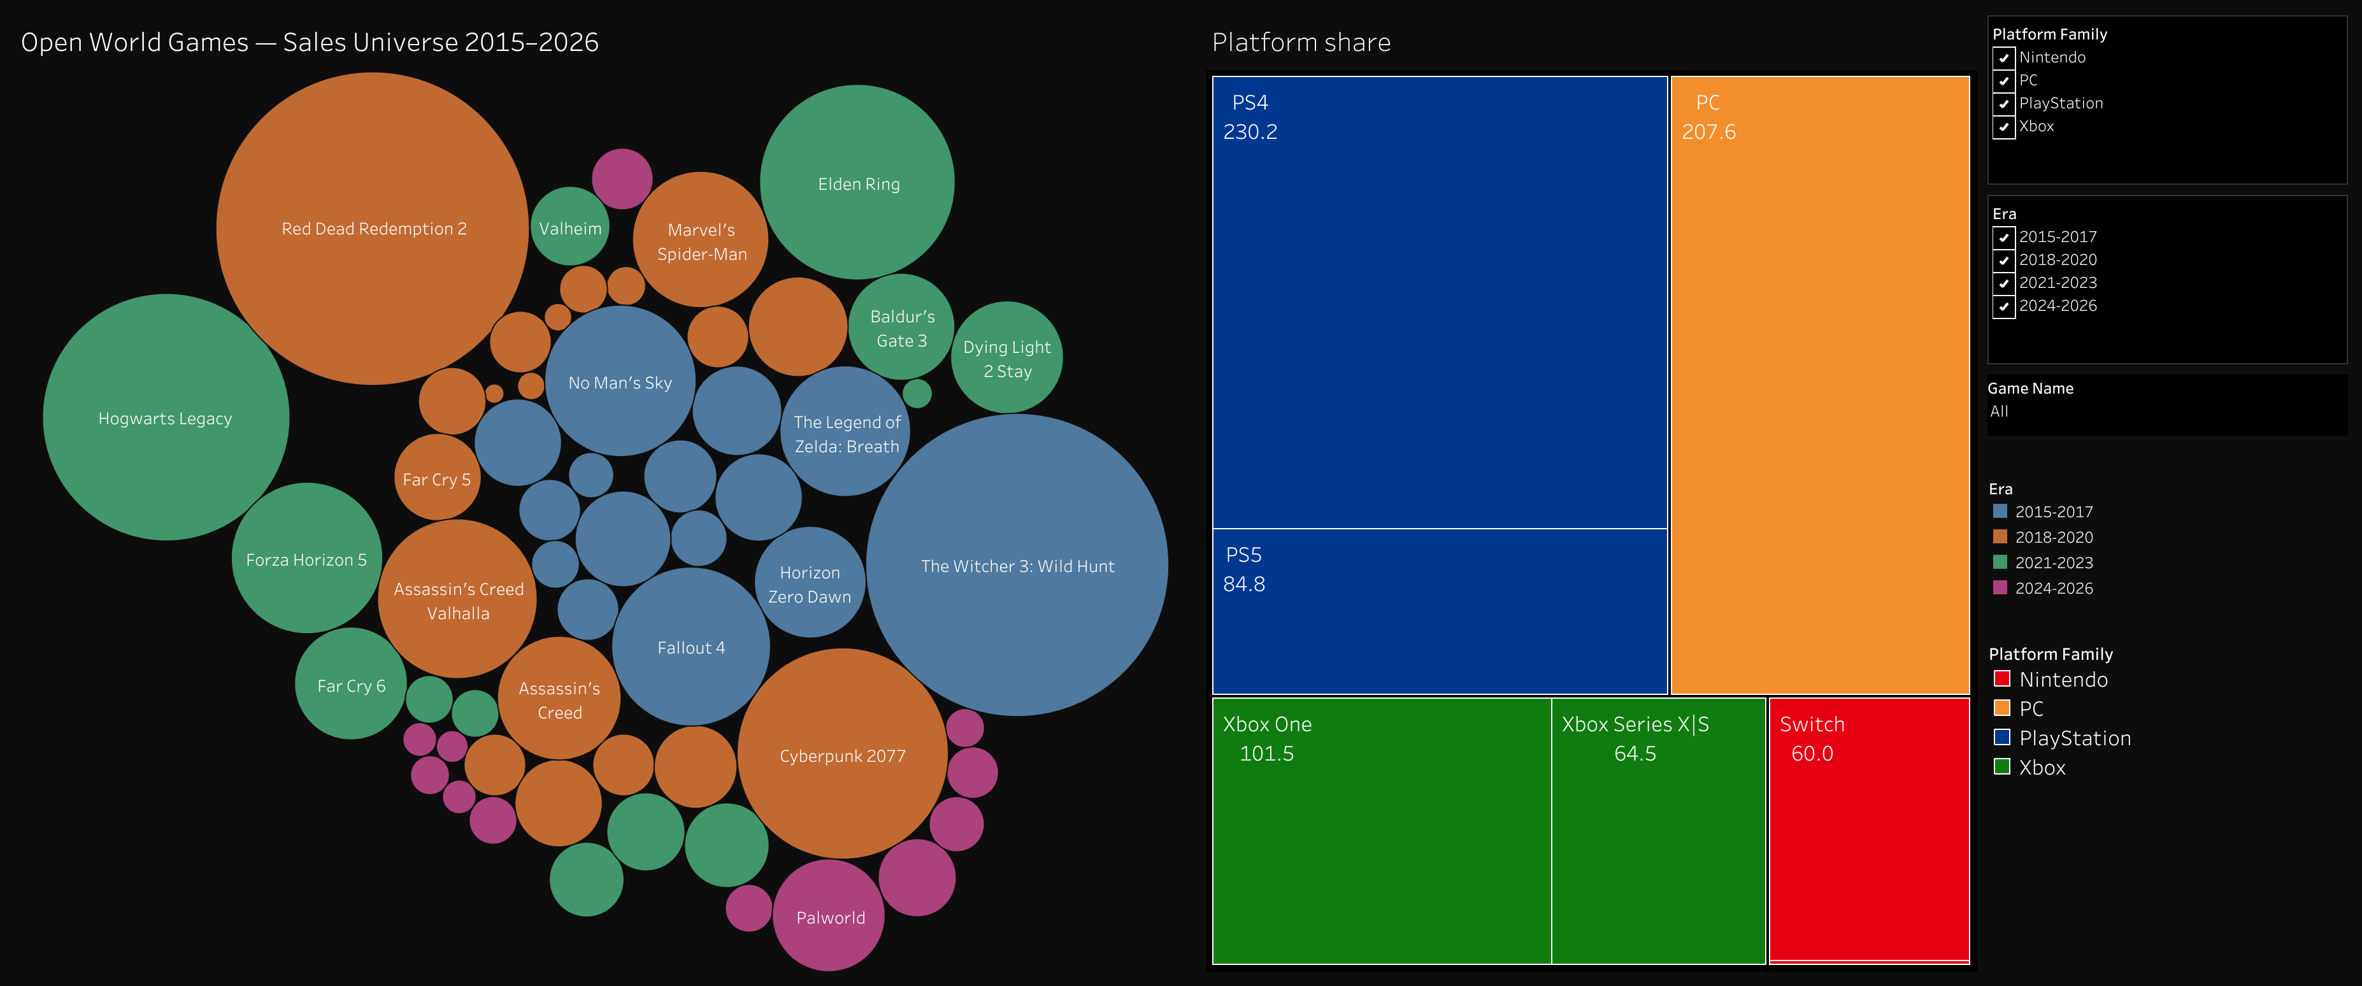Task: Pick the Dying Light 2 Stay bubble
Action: [x=1008, y=358]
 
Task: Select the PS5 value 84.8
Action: [x=1243, y=584]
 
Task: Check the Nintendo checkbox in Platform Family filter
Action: [x=2003, y=58]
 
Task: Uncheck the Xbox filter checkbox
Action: [x=2003, y=127]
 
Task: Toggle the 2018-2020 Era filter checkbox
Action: [x=2003, y=261]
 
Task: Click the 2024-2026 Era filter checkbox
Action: [x=2003, y=306]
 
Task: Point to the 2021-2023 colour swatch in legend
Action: [x=2000, y=562]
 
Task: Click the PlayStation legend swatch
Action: [x=2001, y=738]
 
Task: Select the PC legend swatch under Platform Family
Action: [x=2001, y=708]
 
